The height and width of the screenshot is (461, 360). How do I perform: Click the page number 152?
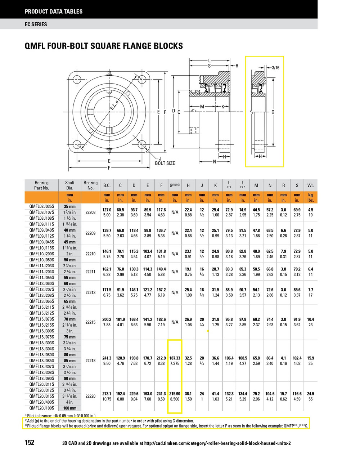click(30, 442)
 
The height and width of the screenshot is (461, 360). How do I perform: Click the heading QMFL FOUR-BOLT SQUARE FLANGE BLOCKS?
click(104, 46)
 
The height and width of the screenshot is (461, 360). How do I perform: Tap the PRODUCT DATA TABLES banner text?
click(54, 12)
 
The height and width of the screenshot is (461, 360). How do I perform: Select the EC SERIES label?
click(36, 24)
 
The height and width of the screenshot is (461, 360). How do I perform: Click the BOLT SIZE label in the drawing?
click(165, 163)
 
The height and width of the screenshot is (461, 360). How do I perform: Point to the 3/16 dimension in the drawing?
click(275, 67)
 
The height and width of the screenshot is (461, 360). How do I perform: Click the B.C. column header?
click(107, 185)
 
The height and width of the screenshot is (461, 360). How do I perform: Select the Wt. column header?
click(310, 185)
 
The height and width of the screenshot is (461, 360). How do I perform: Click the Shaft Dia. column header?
click(70, 185)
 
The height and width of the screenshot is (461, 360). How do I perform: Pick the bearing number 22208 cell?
click(90, 212)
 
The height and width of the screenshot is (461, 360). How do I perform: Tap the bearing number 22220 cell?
click(90, 396)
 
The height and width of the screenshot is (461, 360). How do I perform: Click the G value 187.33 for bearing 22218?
click(175, 358)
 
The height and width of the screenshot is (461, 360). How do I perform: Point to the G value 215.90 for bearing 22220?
click(175, 394)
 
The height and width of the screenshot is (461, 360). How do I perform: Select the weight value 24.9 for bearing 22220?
click(310, 394)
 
